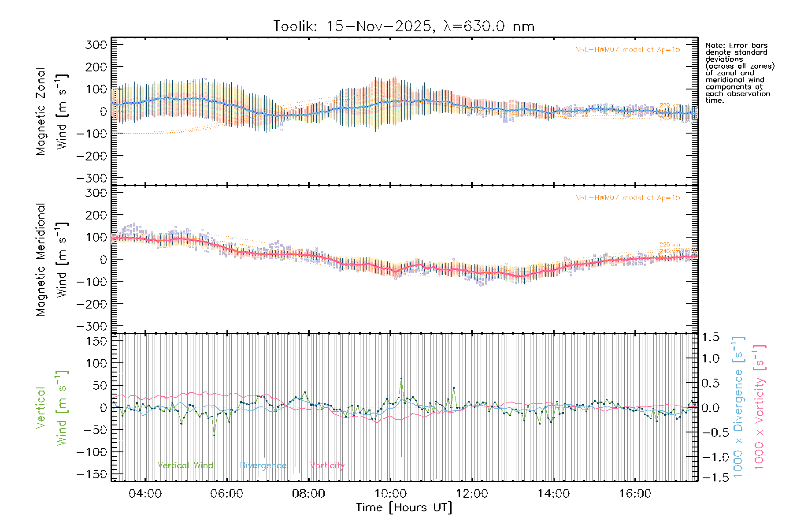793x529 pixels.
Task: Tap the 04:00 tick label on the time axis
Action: click(145, 494)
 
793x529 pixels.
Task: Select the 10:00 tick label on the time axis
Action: click(390, 494)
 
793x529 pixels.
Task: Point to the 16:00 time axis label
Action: click(635, 494)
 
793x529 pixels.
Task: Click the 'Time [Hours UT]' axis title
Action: click(404, 507)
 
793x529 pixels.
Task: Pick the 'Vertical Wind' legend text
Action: click(185, 466)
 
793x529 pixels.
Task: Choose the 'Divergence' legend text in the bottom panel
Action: click(263, 466)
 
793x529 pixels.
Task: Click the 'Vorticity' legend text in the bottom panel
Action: click(327, 466)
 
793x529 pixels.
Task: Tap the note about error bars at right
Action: click(739, 73)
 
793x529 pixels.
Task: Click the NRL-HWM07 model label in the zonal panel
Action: click(627, 50)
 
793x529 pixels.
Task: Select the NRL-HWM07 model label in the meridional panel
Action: click(627, 198)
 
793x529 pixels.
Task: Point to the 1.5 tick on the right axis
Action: click(710, 337)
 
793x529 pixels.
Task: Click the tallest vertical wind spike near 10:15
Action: click(401, 378)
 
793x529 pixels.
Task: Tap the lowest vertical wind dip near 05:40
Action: click(214, 435)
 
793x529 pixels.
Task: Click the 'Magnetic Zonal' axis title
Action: click(41, 112)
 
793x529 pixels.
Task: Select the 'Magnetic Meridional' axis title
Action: click(41, 260)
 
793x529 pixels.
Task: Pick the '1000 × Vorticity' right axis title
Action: click(759, 406)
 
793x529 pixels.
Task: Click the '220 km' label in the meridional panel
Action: click(670, 245)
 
